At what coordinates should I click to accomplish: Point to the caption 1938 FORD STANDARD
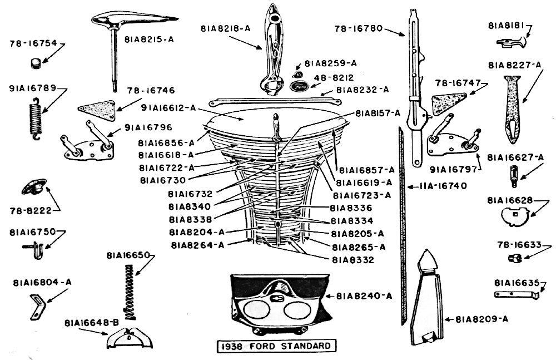277,346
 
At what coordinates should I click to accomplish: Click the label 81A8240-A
364,296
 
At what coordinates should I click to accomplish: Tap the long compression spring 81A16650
130,292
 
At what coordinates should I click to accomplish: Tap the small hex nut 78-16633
514,258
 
